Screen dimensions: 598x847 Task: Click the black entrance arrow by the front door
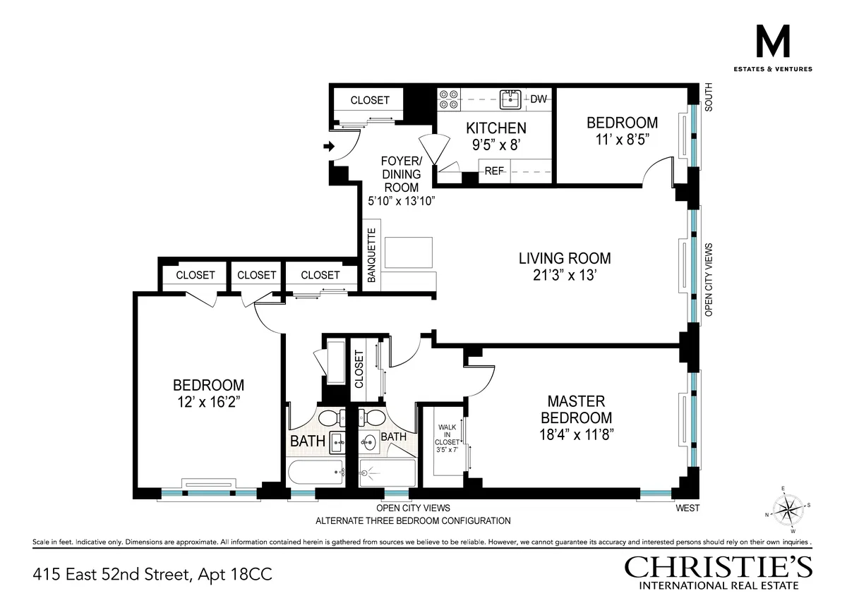click(328, 147)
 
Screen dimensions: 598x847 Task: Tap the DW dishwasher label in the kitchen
click(539, 99)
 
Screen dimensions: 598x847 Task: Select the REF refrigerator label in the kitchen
click(494, 171)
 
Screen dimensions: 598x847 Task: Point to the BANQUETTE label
click(371, 255)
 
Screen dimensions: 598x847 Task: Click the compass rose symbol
click(788, 508)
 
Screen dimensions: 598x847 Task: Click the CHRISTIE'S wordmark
click(718, 567)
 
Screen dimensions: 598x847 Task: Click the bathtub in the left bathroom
click(316, 472)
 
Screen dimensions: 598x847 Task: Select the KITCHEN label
click(495, 128)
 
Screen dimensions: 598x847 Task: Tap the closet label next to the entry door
click(370, 100)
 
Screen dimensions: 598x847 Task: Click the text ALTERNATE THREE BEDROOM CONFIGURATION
click(413, 521)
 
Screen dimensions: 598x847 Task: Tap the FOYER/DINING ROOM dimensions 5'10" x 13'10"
click(400, 201)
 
